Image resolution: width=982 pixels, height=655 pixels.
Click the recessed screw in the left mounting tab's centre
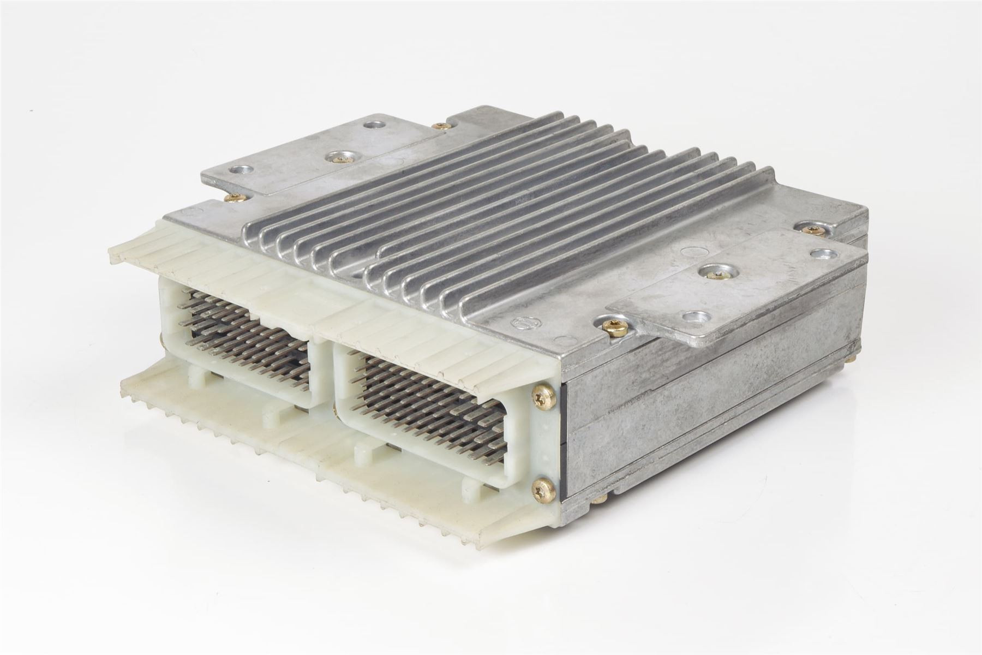point(334,158)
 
